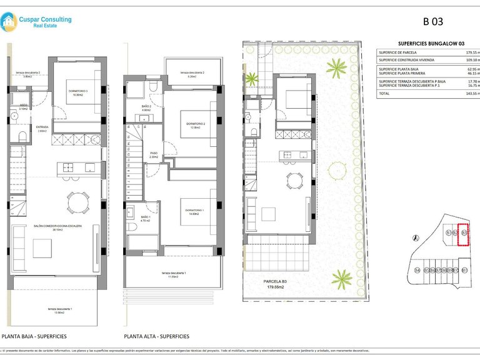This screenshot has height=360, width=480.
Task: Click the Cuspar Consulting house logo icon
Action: pyautogui.click(x=9, y=23)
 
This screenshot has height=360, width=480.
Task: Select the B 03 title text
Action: pyautogui.click(x=432, y=21)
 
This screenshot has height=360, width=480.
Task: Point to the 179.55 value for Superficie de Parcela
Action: pyautogui.click(x=470, y=52)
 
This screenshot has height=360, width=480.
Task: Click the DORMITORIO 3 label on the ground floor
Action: pyautogui.click(x=78, y=92)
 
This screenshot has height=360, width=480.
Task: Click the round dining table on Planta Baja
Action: pyautogui.click(x=78, y=201)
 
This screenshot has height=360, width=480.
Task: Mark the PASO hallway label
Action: pyautogui.click(x=154, y=155)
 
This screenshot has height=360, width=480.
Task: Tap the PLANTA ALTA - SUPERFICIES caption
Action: pyautogui.click(x=157, y=336)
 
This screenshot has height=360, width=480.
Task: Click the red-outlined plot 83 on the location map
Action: pyautogui.click(x=464, y=234)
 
